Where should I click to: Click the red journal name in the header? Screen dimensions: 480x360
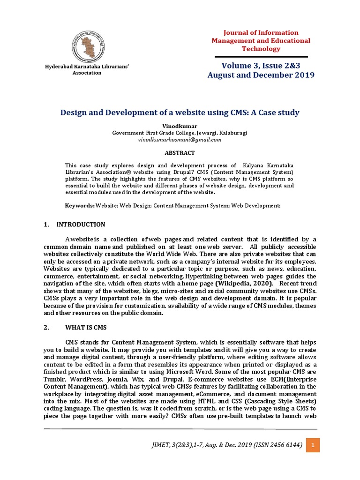click(261, 41)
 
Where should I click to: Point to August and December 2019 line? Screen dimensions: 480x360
click(261, 75)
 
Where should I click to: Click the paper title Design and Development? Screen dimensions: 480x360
click(180, 112)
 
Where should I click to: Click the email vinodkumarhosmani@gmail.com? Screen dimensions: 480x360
click(180, 140)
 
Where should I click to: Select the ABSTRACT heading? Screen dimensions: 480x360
click(180, 153)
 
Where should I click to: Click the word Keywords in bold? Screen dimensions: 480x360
click(79, 206)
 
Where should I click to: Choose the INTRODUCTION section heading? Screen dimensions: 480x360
click(81, 225)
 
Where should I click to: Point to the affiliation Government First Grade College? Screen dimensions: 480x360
click(180, 133)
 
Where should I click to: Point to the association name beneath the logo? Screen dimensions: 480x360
click(87, 70)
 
